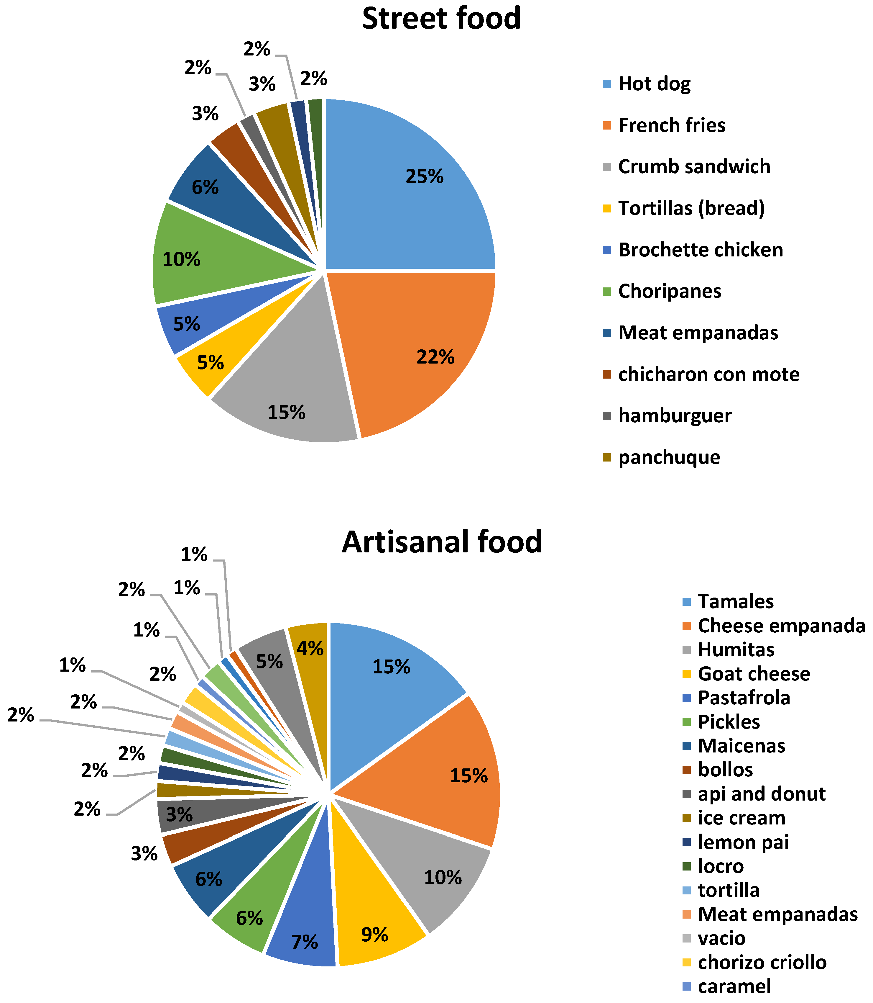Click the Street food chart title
point(441,19)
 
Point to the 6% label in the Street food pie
point(205,187)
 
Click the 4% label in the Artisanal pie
point(310,649)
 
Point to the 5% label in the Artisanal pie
point(269,662)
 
